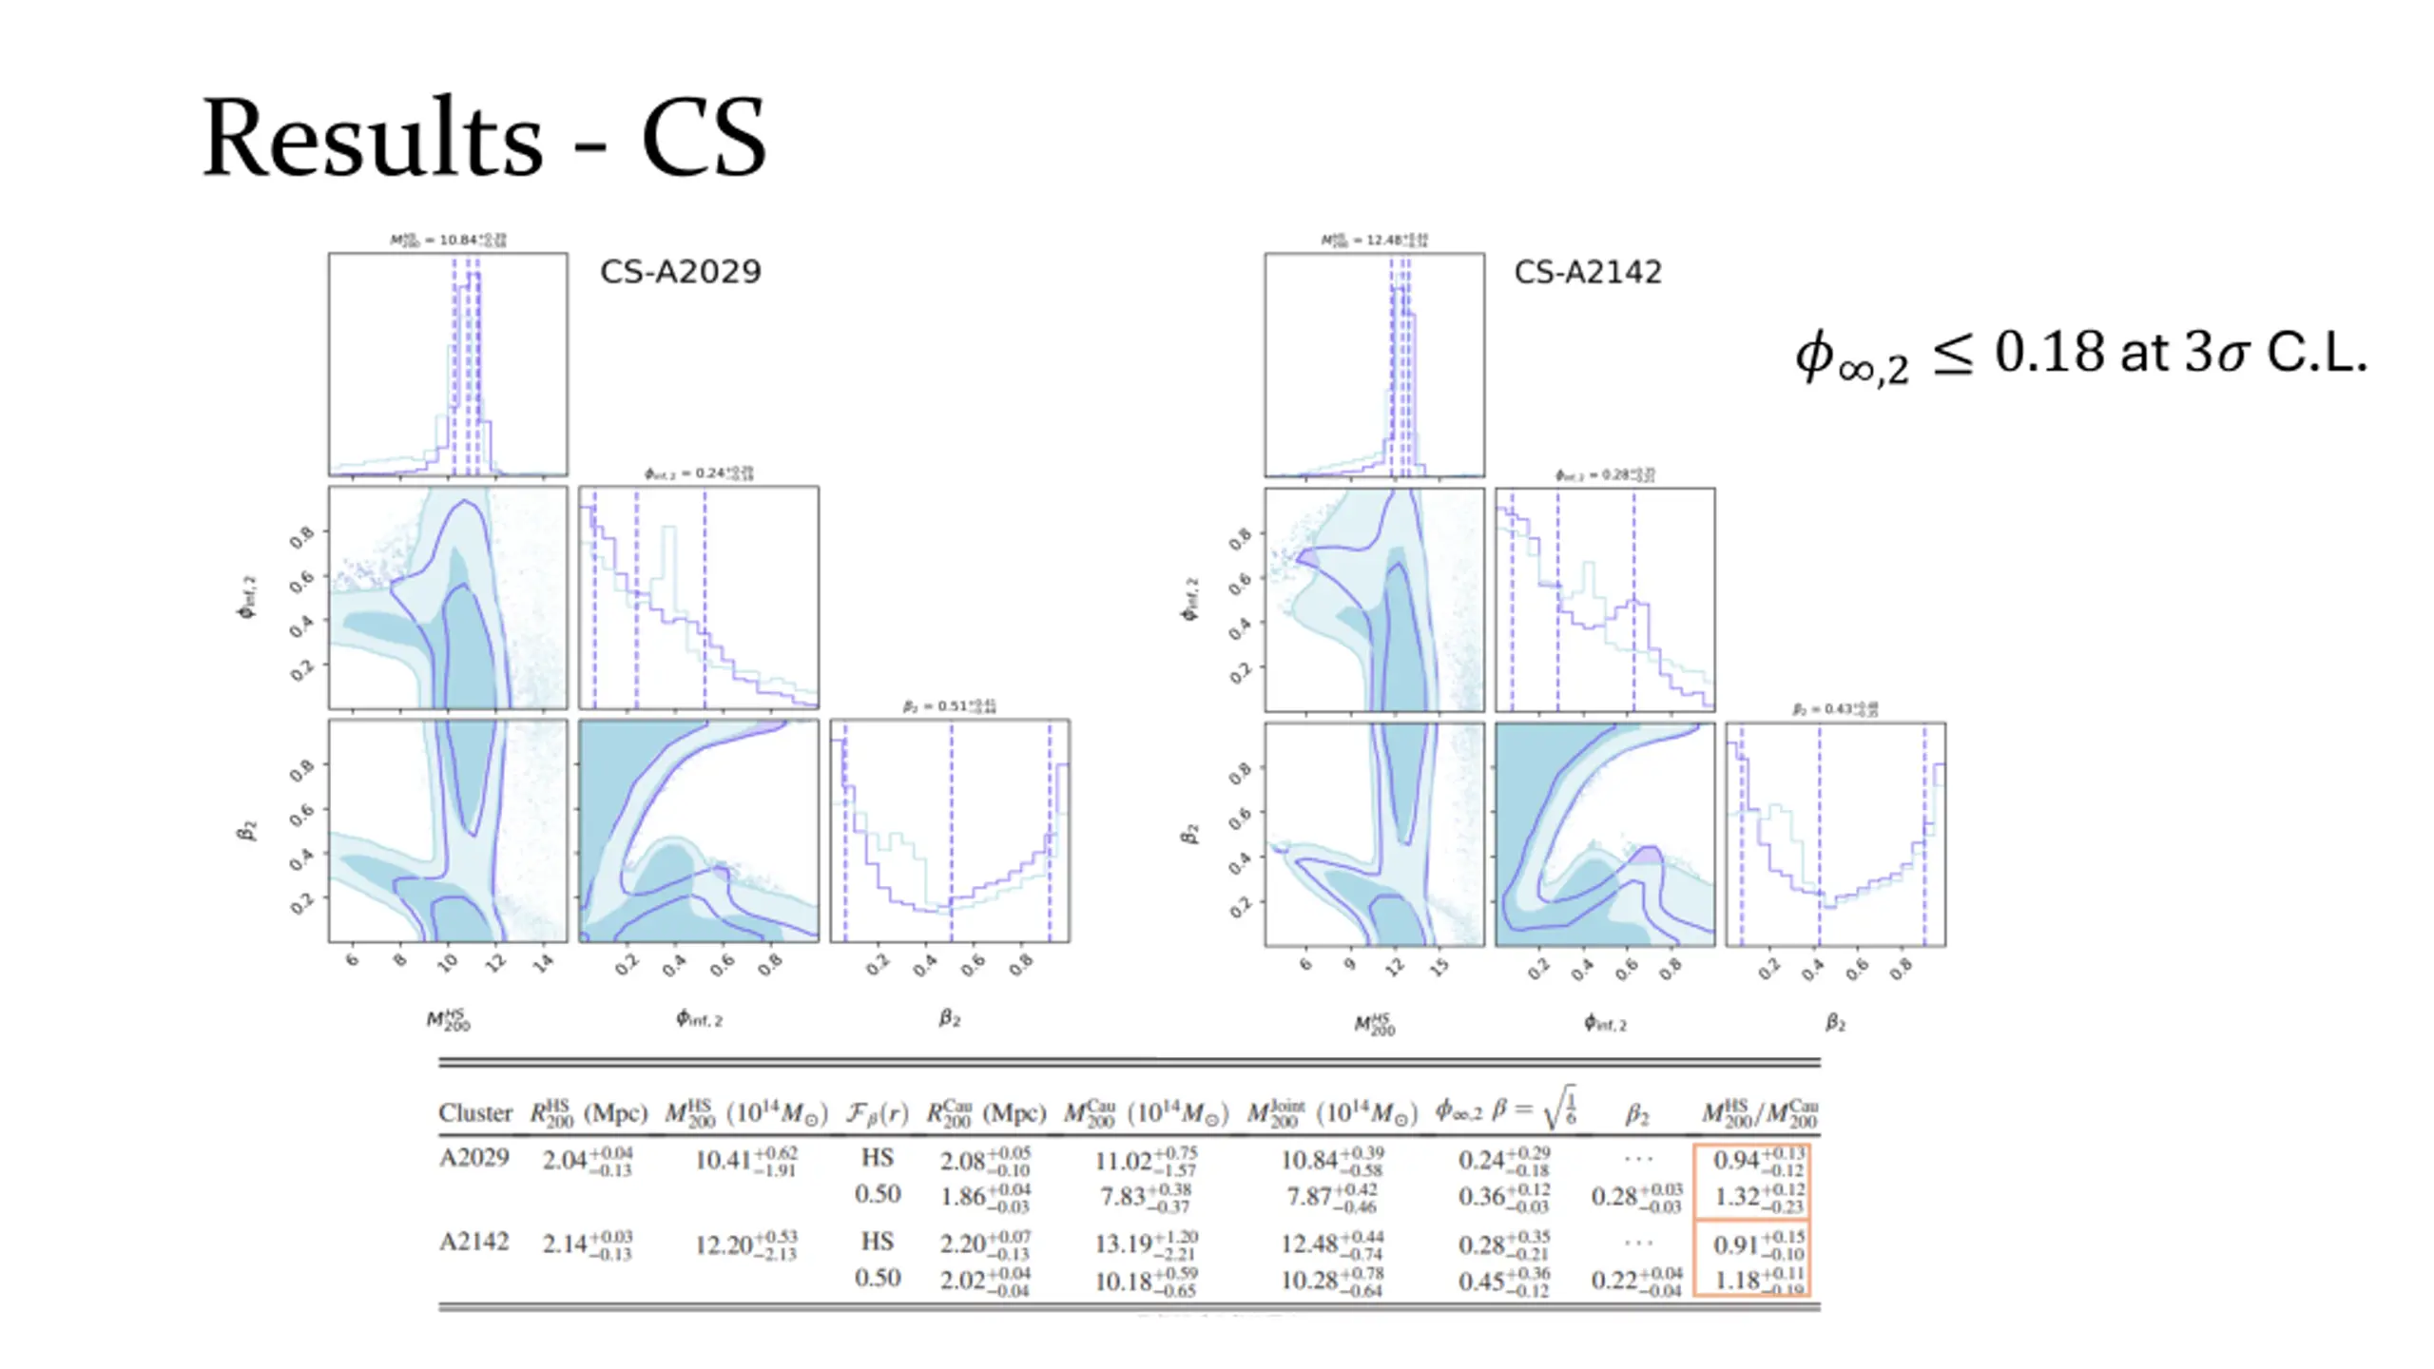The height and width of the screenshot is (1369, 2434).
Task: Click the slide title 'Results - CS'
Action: [x=484, y=138]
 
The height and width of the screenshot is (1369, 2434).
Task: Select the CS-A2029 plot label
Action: [x=681, y=272]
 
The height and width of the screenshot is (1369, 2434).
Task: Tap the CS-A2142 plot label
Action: [x=1588, y=272]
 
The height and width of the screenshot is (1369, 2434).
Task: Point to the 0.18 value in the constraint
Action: [x=2049, y=353]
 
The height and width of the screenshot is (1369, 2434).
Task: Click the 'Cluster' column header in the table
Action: [x=474, y=1112]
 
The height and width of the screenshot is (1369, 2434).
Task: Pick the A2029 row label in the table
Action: [x=473, y=1158]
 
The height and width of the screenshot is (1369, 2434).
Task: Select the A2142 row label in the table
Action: [x=473, y=1242]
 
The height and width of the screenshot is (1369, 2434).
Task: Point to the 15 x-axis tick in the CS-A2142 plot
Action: [x=1439, y=967]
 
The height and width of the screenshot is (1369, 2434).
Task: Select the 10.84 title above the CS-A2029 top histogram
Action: [x=448, y=240]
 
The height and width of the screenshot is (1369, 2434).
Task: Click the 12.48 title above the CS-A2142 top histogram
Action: [x=1375, y=240]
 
